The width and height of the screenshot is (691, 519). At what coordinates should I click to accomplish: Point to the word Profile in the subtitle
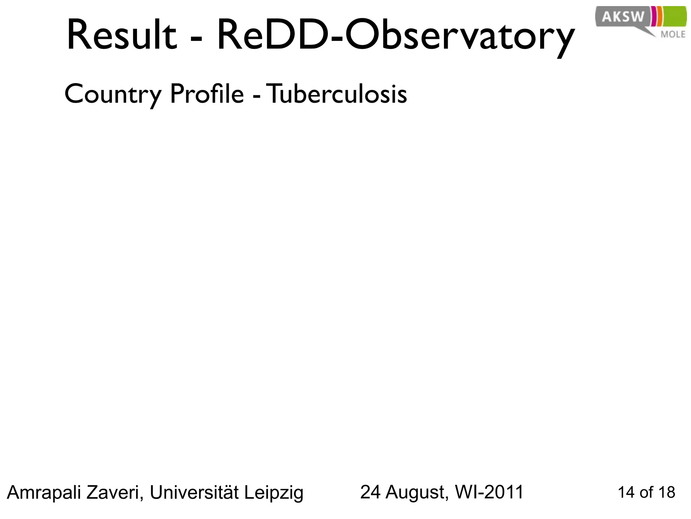pos(206,94)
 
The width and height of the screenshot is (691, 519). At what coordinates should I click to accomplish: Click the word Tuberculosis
pos(338,94)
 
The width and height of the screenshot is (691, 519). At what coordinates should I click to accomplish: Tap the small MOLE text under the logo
pos(673,34)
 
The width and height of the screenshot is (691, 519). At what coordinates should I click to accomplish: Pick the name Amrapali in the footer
pos(44,492)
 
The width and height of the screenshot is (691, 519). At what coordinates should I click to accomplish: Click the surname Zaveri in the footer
pos(115,492)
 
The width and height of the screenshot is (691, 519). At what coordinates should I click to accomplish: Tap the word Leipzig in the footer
pos(274,493)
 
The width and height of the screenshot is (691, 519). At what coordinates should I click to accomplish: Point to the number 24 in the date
pos(371,492)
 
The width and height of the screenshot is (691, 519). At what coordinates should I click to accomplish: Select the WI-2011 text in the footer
pos(489,492)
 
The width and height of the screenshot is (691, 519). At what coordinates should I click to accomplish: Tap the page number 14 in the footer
pos(626,492)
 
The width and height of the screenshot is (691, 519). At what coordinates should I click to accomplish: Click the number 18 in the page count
pos(667,492)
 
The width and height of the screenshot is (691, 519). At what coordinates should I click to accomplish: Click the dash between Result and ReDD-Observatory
pos(196,38)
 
